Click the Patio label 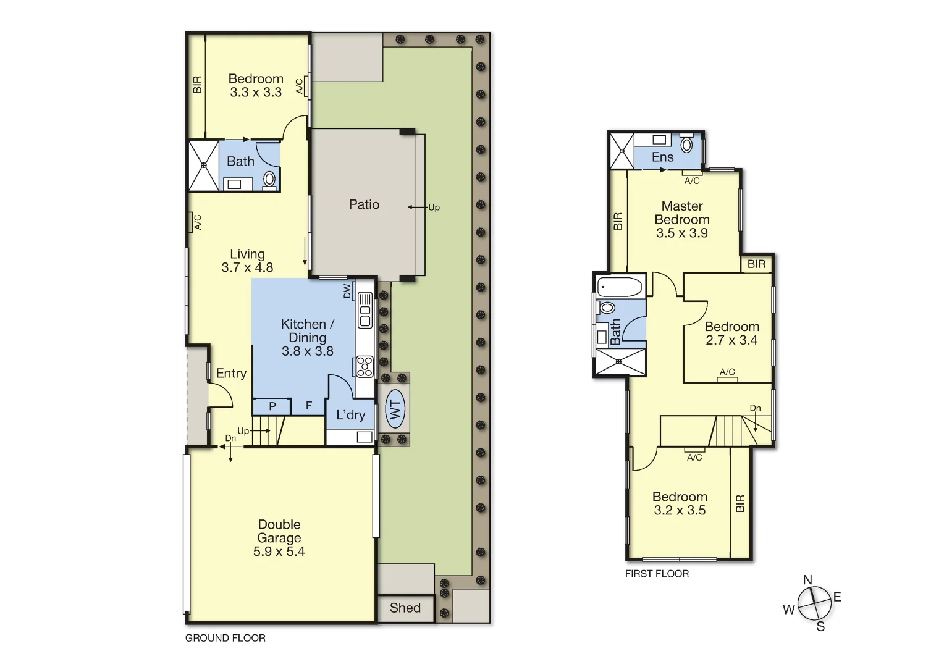point(364,204)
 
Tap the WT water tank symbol point(395,409)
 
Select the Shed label point(405,608)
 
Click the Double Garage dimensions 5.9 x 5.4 point(279,552)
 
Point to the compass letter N point(807,579)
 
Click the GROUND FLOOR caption point(225,638)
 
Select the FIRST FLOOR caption point(657,574)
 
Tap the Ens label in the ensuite point(662,157)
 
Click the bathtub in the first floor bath point(620,287)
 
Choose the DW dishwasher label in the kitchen point(347,290)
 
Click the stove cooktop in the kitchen point(365,366)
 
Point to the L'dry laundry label point(350,415)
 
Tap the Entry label point(231,373)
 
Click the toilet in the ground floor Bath point(269,179)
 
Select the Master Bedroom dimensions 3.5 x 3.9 point(681,233)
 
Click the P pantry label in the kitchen point(272,406)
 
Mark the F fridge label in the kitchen point(309,406)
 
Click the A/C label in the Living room point(198,222)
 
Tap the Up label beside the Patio point(434,208)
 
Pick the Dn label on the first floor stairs point(755,408)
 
